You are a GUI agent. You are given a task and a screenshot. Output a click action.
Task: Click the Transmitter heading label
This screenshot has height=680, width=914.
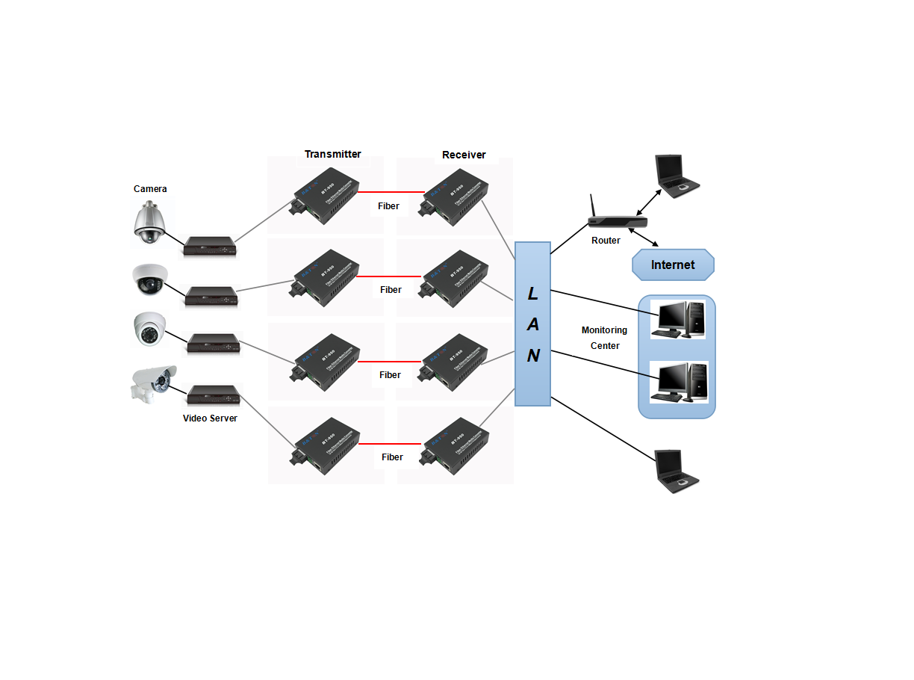(x=332, y=155)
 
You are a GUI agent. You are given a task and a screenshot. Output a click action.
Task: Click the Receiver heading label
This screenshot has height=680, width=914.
(x=464, y=155)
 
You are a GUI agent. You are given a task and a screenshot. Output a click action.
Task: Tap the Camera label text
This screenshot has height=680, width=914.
(x=150, y=189)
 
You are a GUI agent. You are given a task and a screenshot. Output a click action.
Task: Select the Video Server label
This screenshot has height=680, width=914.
(x=210, y=418)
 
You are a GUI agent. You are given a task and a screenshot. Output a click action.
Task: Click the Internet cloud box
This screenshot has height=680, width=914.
(x=673, y=265)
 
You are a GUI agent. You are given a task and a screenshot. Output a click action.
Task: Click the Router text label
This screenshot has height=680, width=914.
(x=606, y=241)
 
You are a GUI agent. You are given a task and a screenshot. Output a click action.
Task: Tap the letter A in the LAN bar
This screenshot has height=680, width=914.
(x=532, y=324)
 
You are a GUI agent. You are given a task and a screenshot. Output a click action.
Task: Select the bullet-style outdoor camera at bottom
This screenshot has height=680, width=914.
(x=154, y=383)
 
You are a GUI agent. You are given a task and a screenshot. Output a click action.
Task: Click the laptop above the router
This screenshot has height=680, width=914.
(x=676, y=176)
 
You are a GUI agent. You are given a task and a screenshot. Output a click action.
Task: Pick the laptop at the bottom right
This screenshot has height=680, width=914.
(x=676, y=472)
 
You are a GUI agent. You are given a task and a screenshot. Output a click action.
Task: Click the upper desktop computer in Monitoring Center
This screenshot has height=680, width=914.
(x=677, y=319)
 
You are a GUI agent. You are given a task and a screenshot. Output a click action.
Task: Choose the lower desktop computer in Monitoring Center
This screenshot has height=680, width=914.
(x=677, y=383)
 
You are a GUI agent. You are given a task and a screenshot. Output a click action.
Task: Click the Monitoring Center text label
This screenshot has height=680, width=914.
(x=605, y=338)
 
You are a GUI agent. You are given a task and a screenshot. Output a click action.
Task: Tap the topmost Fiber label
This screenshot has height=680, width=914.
(x=388, y=206)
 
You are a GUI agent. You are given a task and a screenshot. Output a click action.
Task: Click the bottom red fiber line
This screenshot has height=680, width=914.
(x=391, y=444)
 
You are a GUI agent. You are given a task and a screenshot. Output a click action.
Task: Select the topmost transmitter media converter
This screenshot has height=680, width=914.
(x=326, y=197)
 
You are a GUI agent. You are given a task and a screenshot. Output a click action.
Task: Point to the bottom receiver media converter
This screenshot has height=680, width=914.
(x=455, y=447)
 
